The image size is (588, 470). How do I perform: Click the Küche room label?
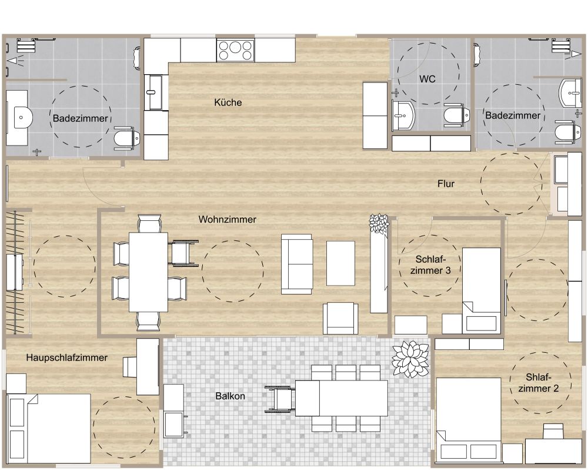[228, 102]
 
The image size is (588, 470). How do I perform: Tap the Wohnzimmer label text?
[227, 220]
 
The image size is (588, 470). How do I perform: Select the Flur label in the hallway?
[446, 184]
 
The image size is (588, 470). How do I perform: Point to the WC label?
[427, 79]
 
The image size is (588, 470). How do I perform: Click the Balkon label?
[230, 396]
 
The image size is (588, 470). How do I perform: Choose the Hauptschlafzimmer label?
[66, 358]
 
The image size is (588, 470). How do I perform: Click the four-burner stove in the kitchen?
[236, 50]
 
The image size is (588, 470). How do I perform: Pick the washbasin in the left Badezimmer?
[21, 118]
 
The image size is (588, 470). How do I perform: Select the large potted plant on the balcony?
[411, 358]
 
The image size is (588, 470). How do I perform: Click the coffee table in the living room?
[341, 263]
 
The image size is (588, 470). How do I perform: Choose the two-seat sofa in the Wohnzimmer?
[297, 264]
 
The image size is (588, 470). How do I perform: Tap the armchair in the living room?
[341, 319]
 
